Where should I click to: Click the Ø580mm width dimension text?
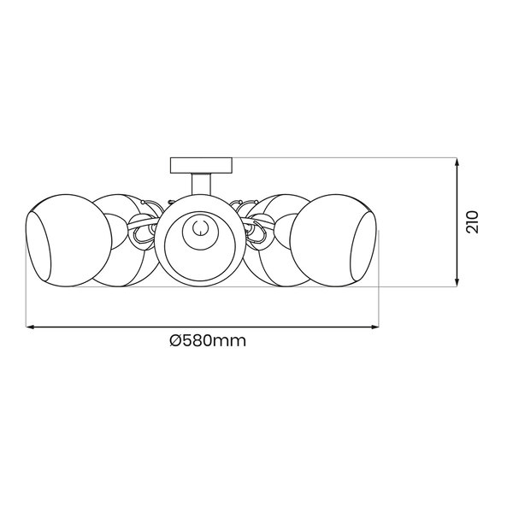209,340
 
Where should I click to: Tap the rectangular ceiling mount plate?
201,164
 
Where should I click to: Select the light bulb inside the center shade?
199,228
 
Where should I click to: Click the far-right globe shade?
337,239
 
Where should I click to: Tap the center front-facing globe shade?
198,240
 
